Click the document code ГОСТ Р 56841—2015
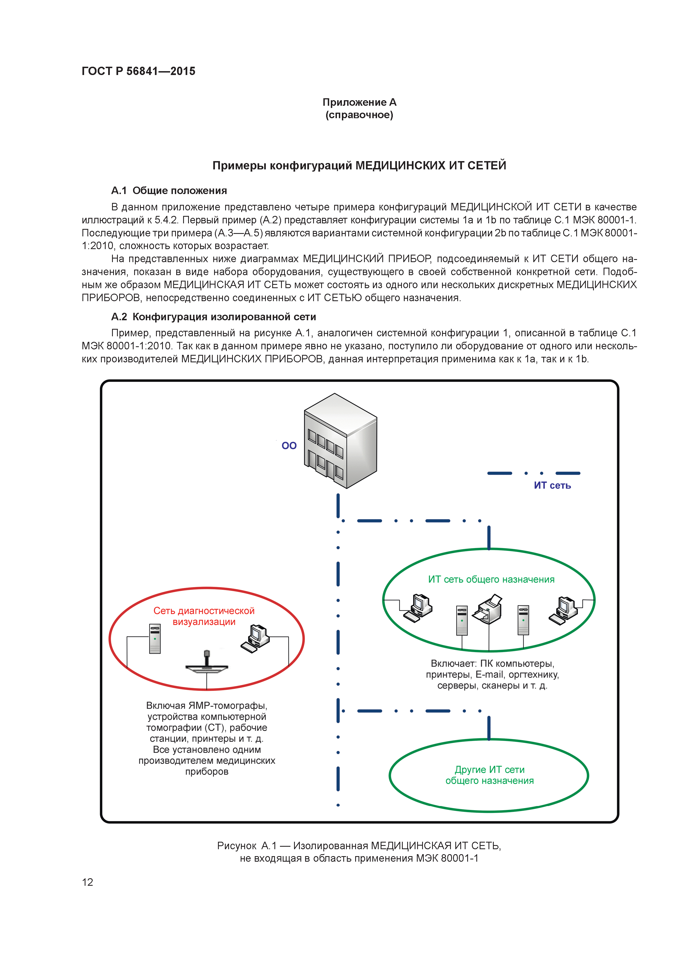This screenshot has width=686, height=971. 138,71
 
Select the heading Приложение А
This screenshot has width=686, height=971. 359,102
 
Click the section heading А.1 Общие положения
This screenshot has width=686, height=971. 169,191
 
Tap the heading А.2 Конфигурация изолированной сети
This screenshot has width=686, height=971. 214,317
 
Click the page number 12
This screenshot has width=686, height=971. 87,882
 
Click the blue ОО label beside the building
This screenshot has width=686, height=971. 289,446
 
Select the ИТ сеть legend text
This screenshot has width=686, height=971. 552,485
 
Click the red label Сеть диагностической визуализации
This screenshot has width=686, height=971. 204,616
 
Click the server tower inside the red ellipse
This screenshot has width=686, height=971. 155,639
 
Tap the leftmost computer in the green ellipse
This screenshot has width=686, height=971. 418,608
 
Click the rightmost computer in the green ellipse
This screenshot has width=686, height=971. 563,609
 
